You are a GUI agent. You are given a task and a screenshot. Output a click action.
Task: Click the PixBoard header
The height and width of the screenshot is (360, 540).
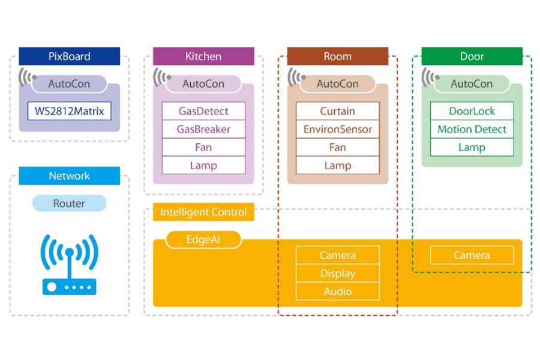pos(69,56)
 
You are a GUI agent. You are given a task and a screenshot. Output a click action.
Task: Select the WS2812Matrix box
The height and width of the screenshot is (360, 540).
pos(69,111)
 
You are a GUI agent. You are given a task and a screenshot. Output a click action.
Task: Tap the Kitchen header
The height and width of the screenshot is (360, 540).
pos(203,56)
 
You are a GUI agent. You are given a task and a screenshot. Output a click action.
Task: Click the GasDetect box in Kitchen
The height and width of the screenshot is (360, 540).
pos(203,111)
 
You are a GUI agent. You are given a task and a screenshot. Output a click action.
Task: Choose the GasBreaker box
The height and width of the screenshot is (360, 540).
pos(203,129)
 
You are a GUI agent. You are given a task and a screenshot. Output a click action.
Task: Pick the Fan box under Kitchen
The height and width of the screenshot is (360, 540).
pos(203,147)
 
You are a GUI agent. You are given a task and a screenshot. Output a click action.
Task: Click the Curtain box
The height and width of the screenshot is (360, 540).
pos(338,111)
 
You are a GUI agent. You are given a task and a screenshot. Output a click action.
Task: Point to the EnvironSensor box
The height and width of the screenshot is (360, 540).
pos(338,129)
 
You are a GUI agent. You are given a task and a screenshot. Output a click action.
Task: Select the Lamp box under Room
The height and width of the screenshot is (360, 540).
pos(338,165)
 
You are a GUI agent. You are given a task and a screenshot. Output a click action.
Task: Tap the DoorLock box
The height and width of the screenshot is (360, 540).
pos(472,111)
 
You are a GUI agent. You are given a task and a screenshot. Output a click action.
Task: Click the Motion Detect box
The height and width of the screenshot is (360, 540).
pos(472,129)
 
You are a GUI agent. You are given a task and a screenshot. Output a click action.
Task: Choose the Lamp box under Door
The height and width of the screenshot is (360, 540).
pos(472,147)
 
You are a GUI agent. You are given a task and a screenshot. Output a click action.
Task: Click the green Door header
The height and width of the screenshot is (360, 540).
pos(472,56)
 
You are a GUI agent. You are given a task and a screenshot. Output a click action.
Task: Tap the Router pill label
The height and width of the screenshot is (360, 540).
pos(69,203)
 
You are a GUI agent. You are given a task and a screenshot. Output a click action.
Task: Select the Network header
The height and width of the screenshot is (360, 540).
pos(69,176)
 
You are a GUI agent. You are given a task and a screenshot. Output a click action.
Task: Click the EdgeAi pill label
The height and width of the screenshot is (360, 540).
pos(203,239)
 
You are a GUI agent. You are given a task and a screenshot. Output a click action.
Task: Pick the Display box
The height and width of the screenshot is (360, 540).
pos(338,273)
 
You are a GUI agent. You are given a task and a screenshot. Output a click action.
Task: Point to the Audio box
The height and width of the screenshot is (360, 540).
pos(338,291)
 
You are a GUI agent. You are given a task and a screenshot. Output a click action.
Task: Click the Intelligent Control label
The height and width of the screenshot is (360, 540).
pos(203,212)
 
